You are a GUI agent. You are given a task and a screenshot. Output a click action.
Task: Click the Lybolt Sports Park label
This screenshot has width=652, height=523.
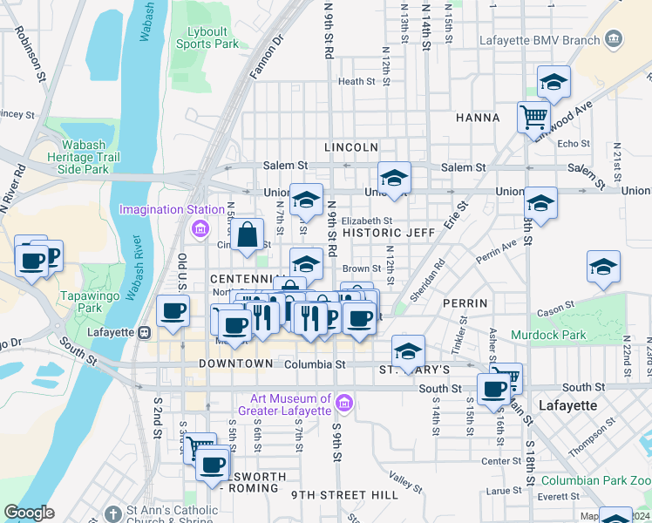pyautogui.click(x=207, y=37)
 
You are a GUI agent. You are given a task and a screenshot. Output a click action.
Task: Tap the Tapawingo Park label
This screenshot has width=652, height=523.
pyautogui.click(x=81, y=302)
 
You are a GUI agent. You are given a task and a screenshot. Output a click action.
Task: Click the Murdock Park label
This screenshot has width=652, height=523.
pyautogui.click(x=560, y=334)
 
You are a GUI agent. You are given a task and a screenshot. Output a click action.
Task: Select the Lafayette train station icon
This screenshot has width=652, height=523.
pyautogui.click(x=145, y=332)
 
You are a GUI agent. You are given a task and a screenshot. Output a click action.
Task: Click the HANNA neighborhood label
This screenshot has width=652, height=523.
pyautogui.click(x=477, y=118)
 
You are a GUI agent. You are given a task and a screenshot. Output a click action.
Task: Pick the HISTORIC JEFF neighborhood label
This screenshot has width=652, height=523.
pyautogui.click(x=388, y=233)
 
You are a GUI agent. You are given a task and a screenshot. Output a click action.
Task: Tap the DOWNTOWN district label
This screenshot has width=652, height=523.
pyautogui.click(x=235, y=363)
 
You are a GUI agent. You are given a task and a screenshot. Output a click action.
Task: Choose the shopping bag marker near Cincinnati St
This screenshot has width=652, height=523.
pyautogui.click(x=248, y=234)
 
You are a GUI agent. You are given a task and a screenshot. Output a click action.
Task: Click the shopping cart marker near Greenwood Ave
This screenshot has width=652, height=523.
pyautogui.click(x=533, y=116)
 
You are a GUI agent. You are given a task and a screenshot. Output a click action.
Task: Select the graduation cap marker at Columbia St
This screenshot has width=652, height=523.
pyautogui.click(x=407, y=350)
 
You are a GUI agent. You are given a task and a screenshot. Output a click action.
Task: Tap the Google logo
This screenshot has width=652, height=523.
pyautogui.click(x=30, y=512)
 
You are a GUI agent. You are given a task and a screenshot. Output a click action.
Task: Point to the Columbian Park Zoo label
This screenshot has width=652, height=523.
pyautogui.click(x=595, y=480)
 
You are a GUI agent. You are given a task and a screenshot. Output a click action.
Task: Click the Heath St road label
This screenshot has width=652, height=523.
pyautogui.click(x=356, y=82)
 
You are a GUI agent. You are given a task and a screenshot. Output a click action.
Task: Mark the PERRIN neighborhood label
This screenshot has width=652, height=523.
pyautogui.click(x=464, y=302)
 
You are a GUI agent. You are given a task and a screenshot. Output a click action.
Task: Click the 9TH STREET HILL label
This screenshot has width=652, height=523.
pyautogui.click(x=344, y=494)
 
